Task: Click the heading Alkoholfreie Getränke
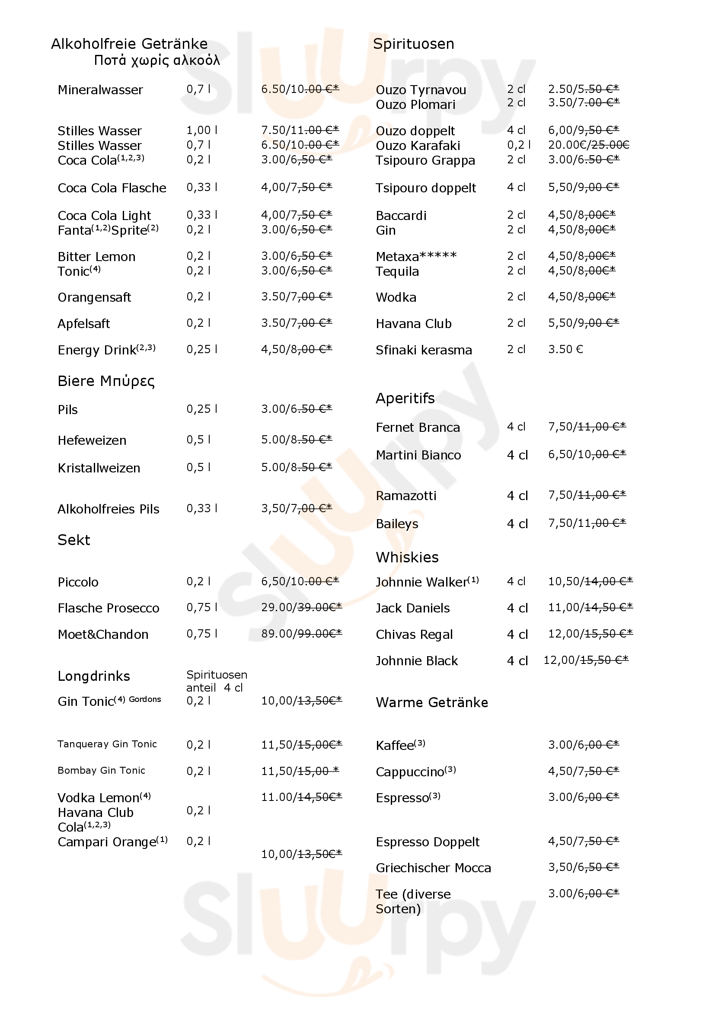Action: click(129, 44)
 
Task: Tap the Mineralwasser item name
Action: click(100, 90)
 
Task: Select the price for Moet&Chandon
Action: click(301, 633)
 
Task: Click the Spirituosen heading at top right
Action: click(413, 44)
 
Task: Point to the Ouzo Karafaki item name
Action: click(418, 146)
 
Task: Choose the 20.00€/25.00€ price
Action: click(588, 145)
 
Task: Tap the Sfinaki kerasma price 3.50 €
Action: click(565, 350)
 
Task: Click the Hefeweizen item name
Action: click(92, 440)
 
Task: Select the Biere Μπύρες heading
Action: click(106, 381)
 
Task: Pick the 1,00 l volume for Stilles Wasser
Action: click(201, 131)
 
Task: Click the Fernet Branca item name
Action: click(418, 427)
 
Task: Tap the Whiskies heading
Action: click(407, 558)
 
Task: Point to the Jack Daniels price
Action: click(590, 608)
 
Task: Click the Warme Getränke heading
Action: click(432, 702)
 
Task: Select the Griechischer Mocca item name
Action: click(433, 868)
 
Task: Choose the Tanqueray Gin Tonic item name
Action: click(107, 744)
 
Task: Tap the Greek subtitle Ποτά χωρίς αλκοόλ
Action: click(157, 61)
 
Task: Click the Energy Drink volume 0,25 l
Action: click(201, 350)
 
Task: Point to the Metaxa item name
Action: click(416, 256)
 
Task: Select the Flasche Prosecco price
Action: click(301, 608)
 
